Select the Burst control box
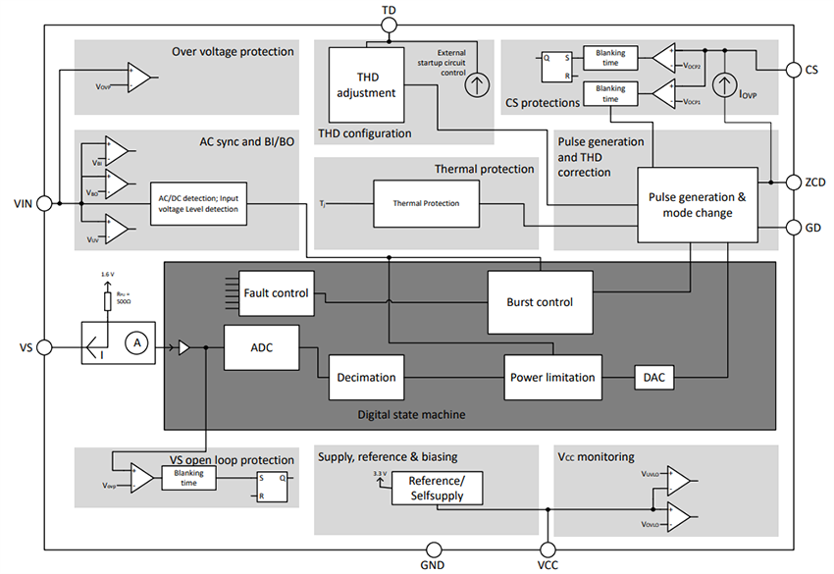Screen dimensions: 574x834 pyautogui.click(x=540, y=302)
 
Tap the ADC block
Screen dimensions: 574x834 pyautogui.click(x=261, y=347)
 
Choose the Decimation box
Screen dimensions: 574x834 pyautogui.click(x=366, y=377)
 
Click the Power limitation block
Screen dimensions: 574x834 pyautogui.click(x=550, y=377)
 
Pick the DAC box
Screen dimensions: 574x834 pyautogui.click(x=652, y=377)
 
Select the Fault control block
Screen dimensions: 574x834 pyautogui.click(x=278, y=292)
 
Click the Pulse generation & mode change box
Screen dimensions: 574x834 pyautogui.click(x=698, y=204)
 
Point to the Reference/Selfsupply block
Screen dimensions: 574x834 pyautogui.click(x=444, y=488)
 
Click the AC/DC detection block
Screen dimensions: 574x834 pyautogui.click(x=198, y=203)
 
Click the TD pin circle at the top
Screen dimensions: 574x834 pyautogui.click(x=390, y=27)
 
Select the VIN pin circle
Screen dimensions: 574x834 pyautogui.click(x=43, y=203)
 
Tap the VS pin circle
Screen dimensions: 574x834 pyautogui.click(x=43, y=347)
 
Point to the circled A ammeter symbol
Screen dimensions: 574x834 pyautogui.click(x=138, y=341)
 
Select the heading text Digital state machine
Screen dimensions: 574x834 pyautogui.click(x=412, y=415)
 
